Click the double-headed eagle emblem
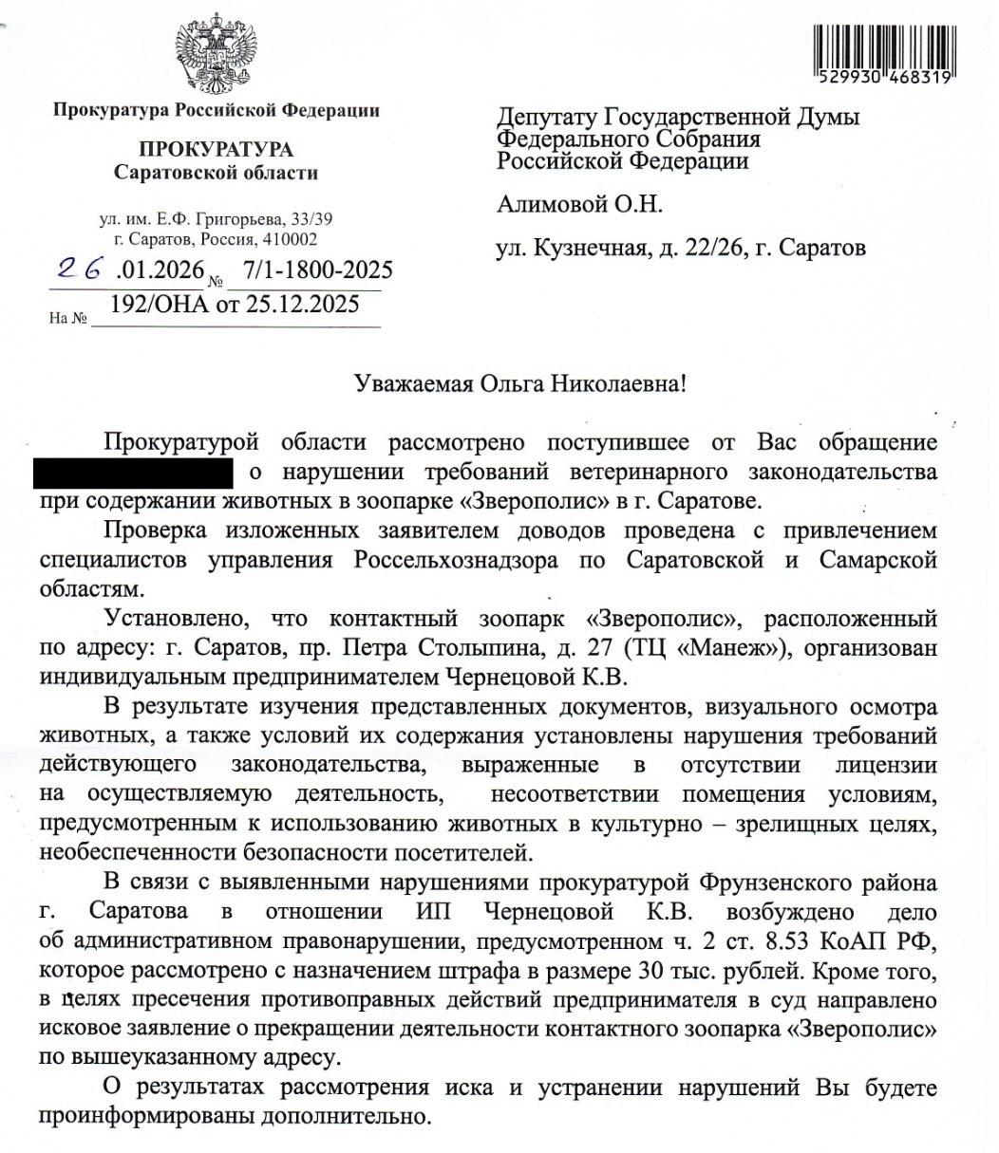[217, 53]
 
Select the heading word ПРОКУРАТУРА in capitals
[217, 149]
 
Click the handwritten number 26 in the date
[80, 270]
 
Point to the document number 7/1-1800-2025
[316, 271]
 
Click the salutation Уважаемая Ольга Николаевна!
[518, 384]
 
